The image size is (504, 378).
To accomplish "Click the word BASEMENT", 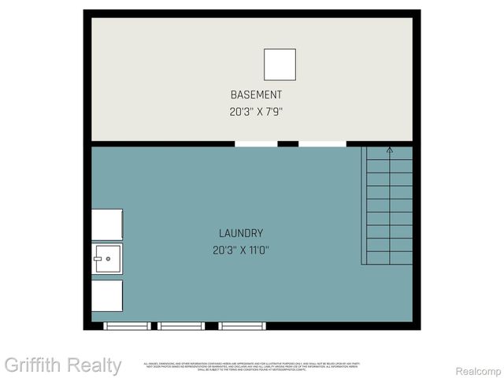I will click(256, 94).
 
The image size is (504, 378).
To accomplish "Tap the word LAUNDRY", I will click(241, 233).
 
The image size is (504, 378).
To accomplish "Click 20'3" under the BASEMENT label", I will click(240, 112).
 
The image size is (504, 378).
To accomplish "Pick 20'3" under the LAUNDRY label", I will click(224, 250).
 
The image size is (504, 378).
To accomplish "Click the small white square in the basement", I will click(280, 65).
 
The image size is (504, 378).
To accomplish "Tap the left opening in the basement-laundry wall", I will click(256, 144).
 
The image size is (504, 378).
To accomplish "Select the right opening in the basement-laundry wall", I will click(321, 144).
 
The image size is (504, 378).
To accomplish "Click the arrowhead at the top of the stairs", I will click(389, 148).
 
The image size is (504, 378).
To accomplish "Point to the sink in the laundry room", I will click(107, 258).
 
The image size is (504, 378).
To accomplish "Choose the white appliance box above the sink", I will click(107, 224).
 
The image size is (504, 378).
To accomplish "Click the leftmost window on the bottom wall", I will click(128, 325).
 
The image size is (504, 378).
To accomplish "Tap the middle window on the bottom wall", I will click(180, 325).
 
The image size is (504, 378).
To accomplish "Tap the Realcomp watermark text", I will click(478, 370).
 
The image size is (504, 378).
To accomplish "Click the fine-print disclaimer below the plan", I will click(251, 366).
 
